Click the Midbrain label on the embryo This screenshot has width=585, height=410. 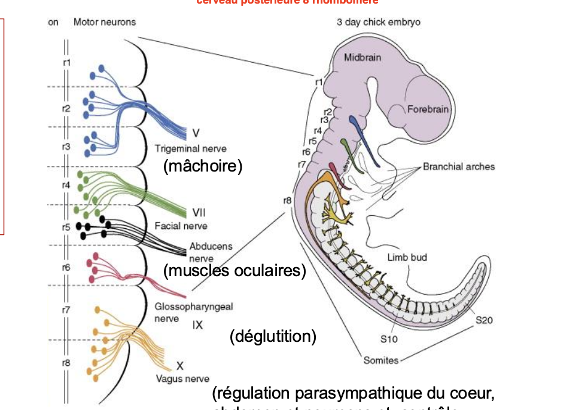pos(362,57)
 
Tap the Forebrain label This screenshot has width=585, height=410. pos(428,109)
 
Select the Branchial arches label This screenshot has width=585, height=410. pos(459,167)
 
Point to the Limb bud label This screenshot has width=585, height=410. pos(407,258)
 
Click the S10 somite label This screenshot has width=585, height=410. pos(389,339)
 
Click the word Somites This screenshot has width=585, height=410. pos(382,360)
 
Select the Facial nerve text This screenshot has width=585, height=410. pos(181,226)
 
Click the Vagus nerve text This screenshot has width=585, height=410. pos(182,378)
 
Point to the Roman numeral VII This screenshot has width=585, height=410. pos(199,213)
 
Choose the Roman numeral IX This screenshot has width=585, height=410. pos(198,325)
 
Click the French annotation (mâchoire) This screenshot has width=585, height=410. pos(203,166)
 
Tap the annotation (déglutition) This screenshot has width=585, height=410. pos(273,336)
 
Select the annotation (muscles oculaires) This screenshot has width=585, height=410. pos(234,271)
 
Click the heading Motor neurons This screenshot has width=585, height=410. pos(105,22)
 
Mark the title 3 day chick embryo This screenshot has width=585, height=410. pos(378,22)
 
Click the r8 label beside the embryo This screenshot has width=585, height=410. pos(287,200)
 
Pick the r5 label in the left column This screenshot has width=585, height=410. pos(66,227)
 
